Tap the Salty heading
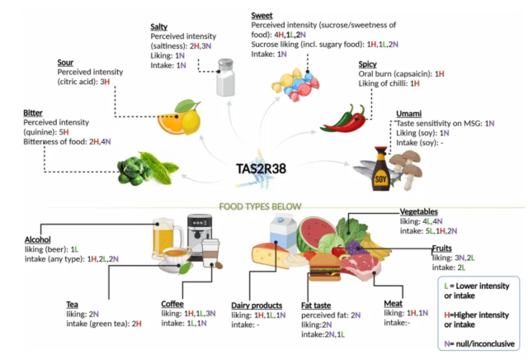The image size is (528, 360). (x=160, y=27)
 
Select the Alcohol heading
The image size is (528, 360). (x=40, y=239)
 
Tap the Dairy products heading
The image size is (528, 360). (x=259, y=304)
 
